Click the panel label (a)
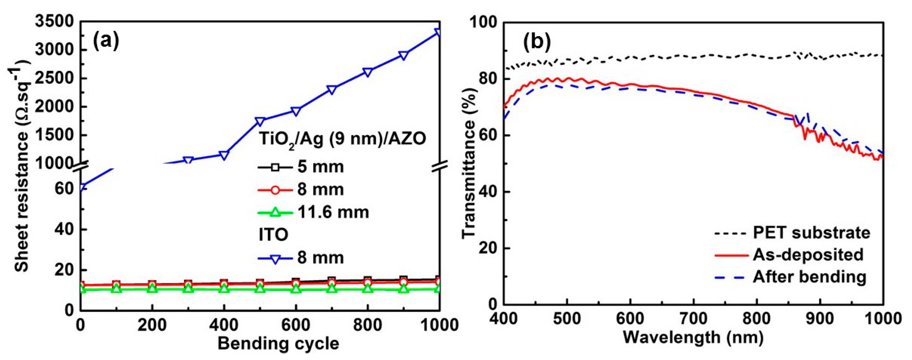click(x=106, y=41)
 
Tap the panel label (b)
click(x=537, y=41)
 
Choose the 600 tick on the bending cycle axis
click(x=296, y=325)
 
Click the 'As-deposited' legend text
click(x=808, y=255)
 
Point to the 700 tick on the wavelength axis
click(x=693, y=319)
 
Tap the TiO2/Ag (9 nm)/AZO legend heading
click(x=342, y=139)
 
